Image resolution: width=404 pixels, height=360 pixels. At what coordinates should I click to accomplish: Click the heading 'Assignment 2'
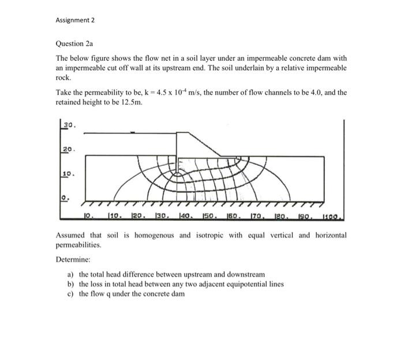75,20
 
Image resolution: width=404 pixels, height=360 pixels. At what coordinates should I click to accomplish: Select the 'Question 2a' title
74,43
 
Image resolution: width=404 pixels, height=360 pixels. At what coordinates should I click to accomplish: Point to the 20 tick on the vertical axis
69,149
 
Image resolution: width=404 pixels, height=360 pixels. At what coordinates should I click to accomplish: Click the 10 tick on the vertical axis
69,173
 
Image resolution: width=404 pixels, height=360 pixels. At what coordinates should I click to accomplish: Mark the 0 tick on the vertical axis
66,196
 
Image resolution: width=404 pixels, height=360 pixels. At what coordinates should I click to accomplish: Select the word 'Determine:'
72,259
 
